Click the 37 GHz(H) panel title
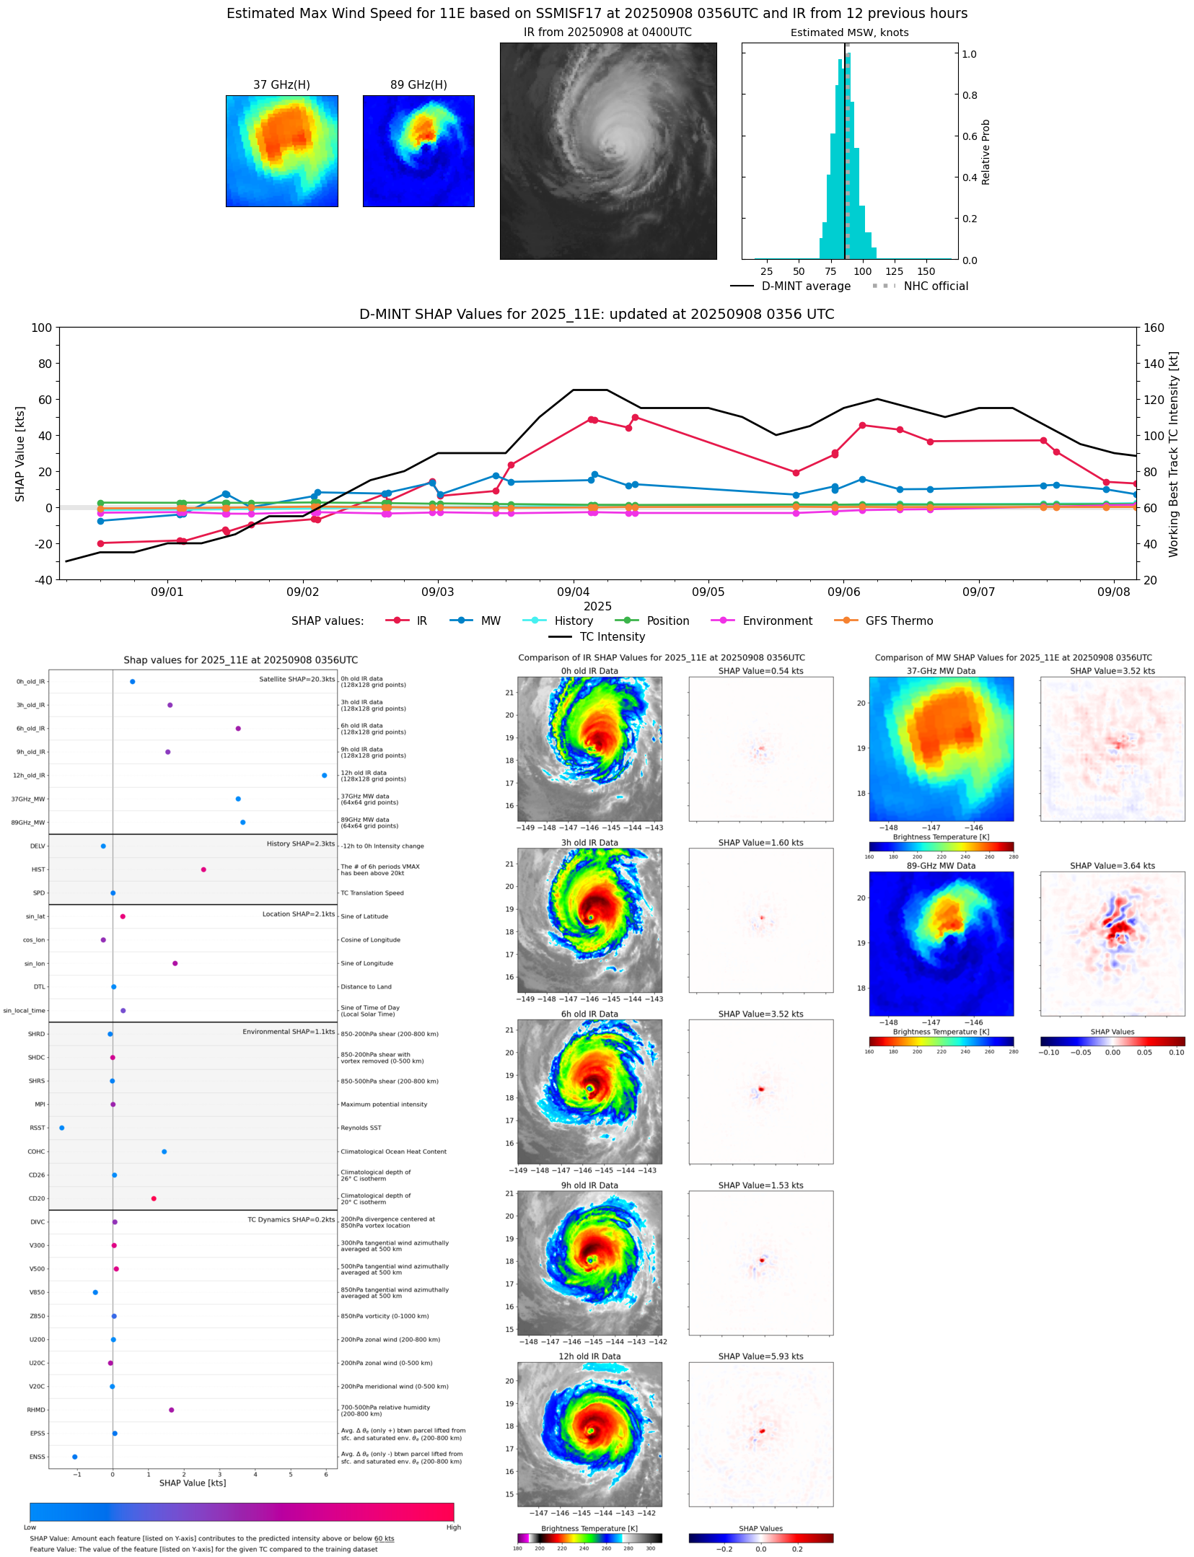click(x=281, y=85)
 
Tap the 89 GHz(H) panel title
click(x=418, y=85)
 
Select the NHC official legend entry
click(x=935, y=286)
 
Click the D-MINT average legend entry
click(x=805, y=286)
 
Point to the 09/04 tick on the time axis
click(x=573, y=592)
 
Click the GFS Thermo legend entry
click(x=898, y=621)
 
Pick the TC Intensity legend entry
click(x=612, y=637)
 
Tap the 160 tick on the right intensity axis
click(x=1154, y=328)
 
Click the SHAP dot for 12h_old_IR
click(x=324, y=776)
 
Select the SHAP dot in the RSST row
click(x=61, y=1128)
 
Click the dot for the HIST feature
click(x=203, y=869)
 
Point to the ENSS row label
click(x=37, y=1457)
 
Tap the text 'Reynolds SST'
click(x=361, y=1128)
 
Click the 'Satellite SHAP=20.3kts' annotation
click(x=297, y=679)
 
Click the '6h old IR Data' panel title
click(x=589, y=1014)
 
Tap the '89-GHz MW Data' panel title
click(x=941, y=866)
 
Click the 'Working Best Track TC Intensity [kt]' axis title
click(x=1174, y=454)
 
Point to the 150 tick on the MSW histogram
click(x=926, y=271)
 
